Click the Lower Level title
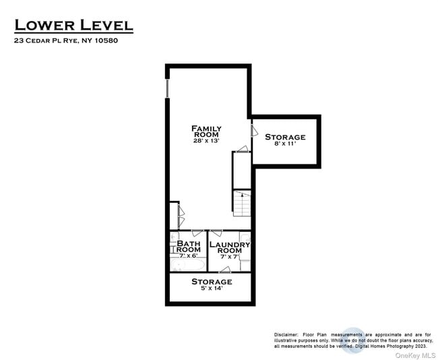tap(74, 26)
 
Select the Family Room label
tap(206, 131)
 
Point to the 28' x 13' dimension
tap(206, 141)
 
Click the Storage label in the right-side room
tap(284, 137)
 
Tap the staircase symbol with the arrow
tap(242, 201)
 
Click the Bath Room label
tap(189, 246)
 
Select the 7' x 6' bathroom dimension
tap(189, 256)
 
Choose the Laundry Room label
tap(229, 247)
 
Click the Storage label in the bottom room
tap(212, 281)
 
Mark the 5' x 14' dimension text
tap(212, 289)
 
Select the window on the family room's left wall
tap(166, 88)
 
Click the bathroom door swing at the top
tap(197, 233)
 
